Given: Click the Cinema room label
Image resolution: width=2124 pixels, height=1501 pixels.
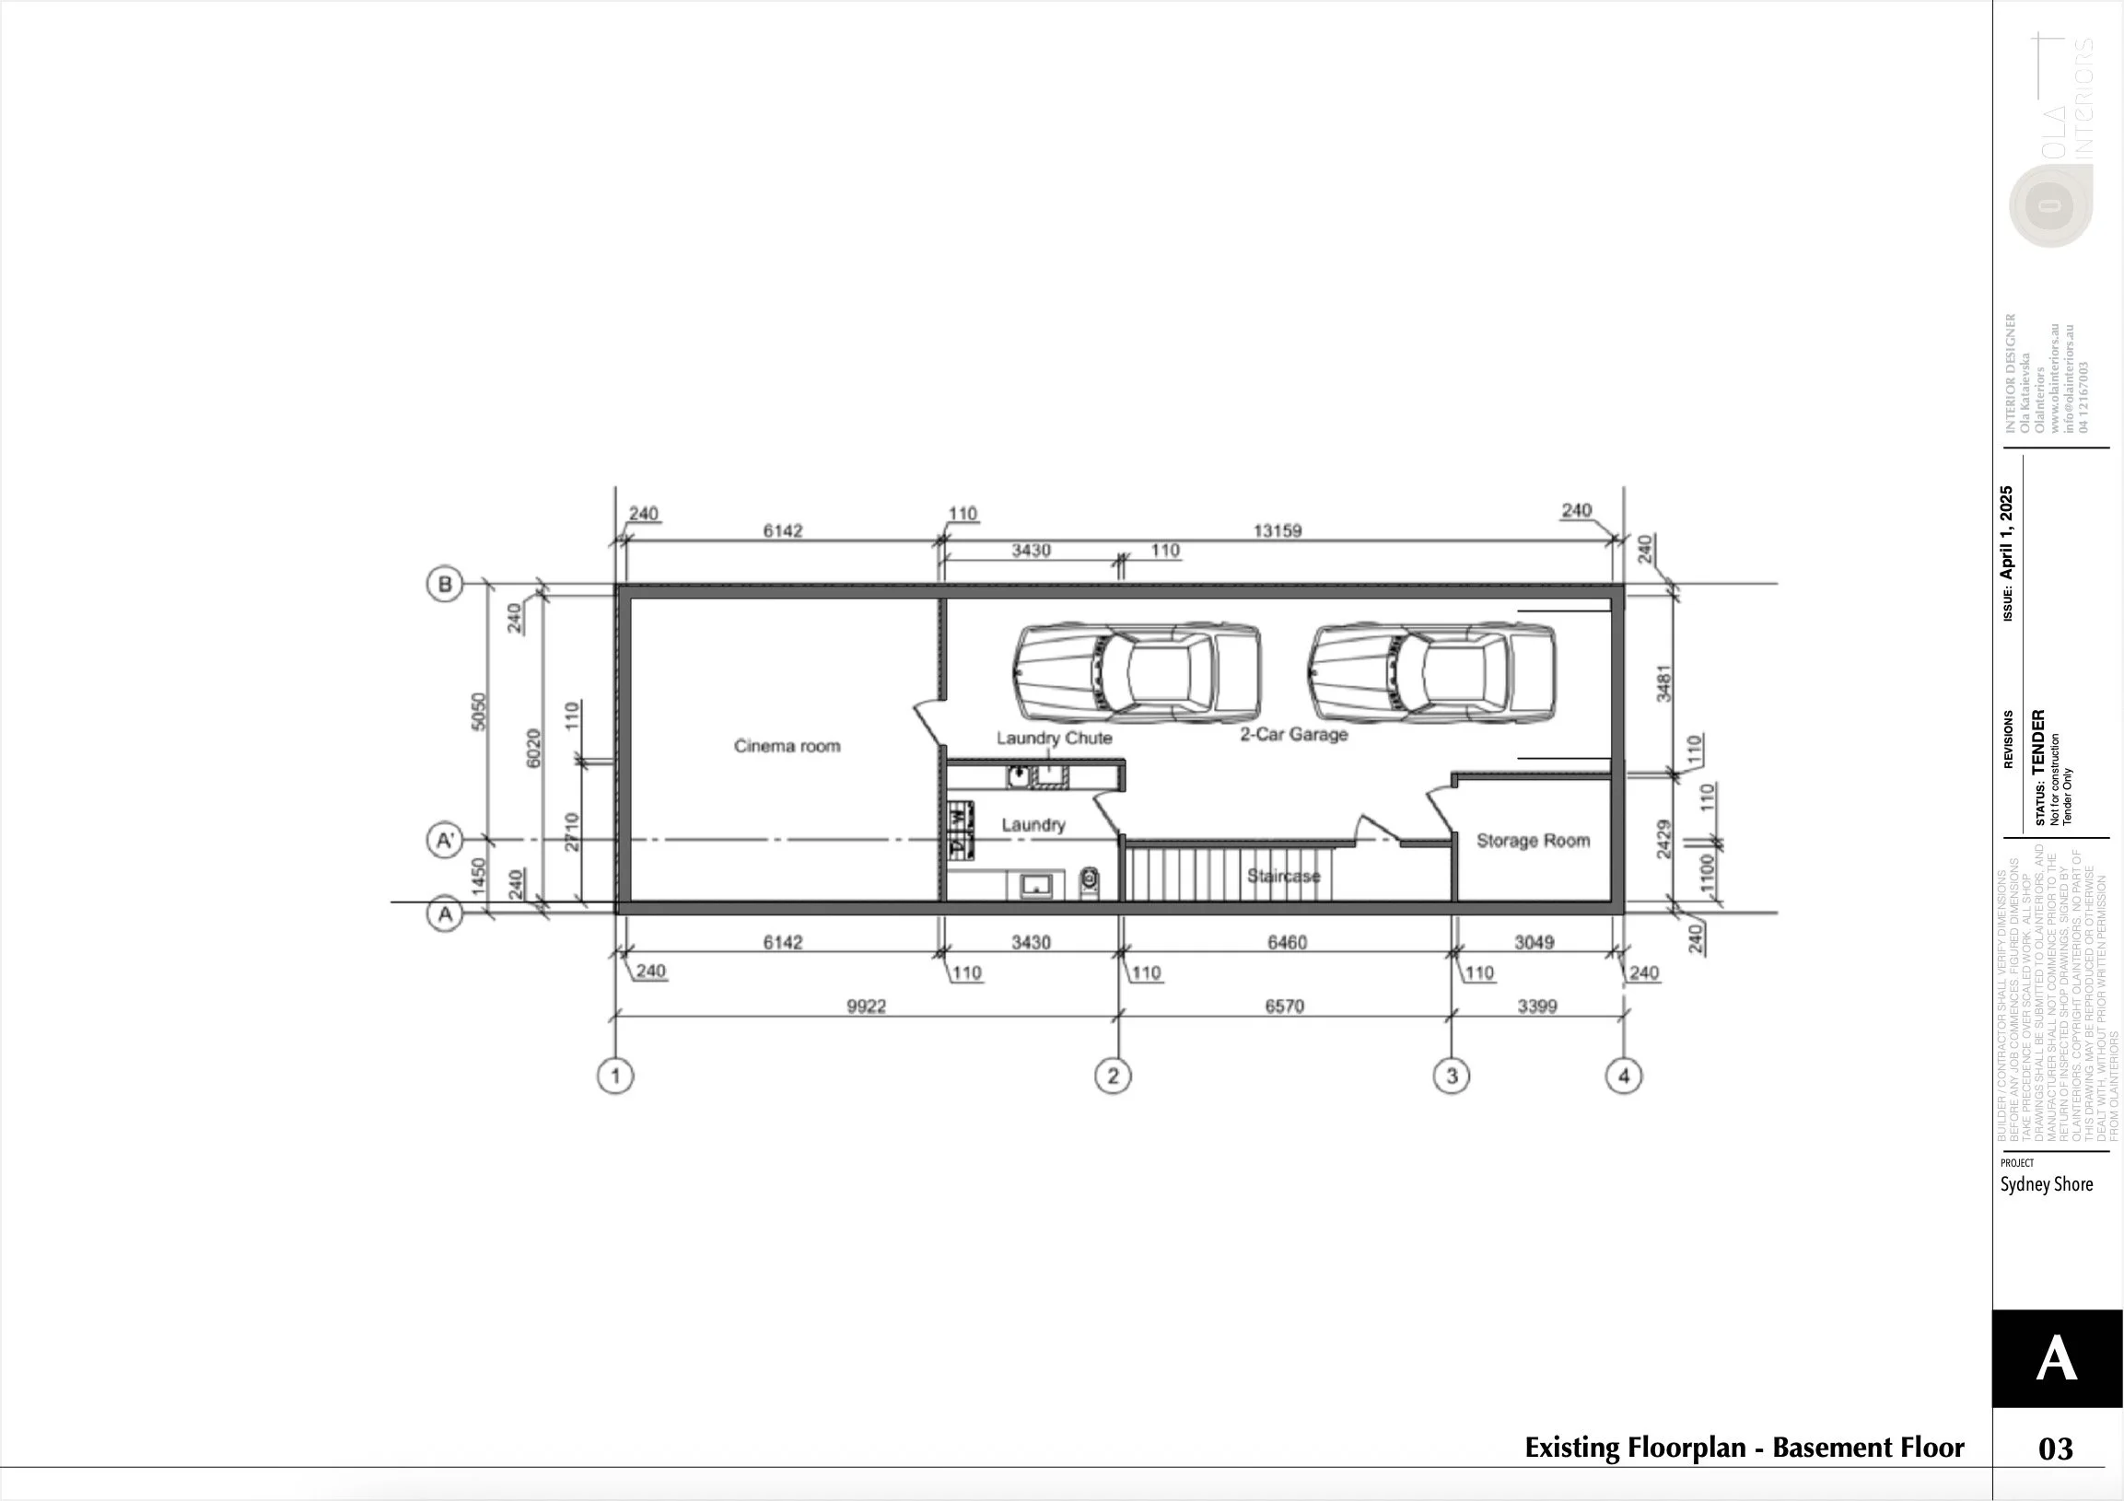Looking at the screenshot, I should click(x=788, y=746).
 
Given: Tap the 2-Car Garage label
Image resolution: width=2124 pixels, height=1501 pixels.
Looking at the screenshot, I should click(x=1293, y=734).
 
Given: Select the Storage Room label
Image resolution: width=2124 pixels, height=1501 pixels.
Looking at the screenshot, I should click(x=1533, y=841).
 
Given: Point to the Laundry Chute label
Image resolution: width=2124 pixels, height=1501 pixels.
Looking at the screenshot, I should click(x=1054, y=738).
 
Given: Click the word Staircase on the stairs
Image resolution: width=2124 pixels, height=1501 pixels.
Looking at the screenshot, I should click(x=1283, y=876).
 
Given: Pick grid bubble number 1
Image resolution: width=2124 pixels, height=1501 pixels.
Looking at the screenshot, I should click(x=615, y=1076).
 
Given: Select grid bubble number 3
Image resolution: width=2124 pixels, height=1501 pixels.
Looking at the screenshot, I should click(x=1452, y=1076).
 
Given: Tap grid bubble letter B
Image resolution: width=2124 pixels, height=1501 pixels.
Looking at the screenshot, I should click(x=445, y=585).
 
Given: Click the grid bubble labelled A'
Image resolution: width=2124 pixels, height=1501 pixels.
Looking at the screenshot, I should click(x=445, y=841).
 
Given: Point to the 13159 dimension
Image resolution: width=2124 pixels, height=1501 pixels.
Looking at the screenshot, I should click(x=1277, y=530).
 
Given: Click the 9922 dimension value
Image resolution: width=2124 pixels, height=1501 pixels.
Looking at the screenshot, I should click(x=866, y=1006).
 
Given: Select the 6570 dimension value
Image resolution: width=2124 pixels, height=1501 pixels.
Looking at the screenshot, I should click(x=1284, y=1006).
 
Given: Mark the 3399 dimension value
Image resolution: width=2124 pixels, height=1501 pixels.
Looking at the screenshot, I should click(x=1536, y=1006).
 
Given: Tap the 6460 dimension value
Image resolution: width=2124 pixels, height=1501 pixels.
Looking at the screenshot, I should click(x=1287, y=942).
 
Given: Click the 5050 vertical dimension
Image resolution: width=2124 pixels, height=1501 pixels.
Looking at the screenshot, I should click(x=478, y=711).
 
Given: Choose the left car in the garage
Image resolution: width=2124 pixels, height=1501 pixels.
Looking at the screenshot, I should click(x=1137, y=672).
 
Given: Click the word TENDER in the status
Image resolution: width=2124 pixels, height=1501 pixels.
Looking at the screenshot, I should click(x=2039, y=742).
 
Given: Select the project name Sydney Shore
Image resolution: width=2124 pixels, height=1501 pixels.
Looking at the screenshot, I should click(x=2047, y=1185).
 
